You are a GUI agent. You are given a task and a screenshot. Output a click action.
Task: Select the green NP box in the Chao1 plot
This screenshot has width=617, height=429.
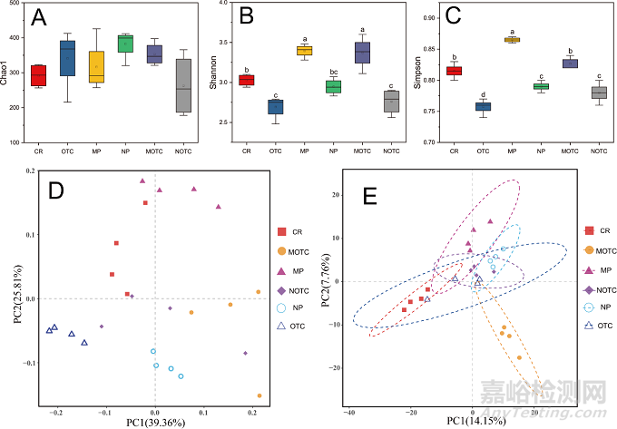tap(125, 43)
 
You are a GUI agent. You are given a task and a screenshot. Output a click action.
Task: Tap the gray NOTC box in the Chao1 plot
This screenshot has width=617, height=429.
tap(184, 86)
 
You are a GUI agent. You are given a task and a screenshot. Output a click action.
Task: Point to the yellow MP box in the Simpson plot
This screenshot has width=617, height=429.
tap(512, 40)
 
